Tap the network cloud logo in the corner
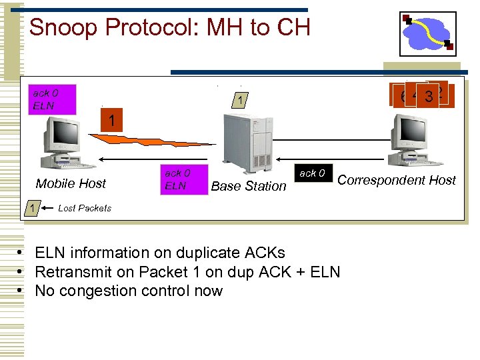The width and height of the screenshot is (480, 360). click(x=427, y=33)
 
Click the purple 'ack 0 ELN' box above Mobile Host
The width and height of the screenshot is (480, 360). click(x=52, y=99)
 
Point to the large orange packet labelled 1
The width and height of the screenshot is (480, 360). click(x=115, y=121)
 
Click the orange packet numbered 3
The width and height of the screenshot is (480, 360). click(x=428, y=97)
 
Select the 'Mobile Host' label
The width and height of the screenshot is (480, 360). click(x=71, y=183)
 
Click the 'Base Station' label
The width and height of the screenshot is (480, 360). click(x=248, y=186)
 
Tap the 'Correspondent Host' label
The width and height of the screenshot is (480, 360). click(x=397, y=180)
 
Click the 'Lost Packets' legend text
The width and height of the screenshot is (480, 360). click(x=85, y=208)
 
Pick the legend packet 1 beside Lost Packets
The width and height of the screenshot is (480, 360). click(x=32, y=209)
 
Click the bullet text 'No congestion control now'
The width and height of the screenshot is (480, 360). click(x=129, y=291)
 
